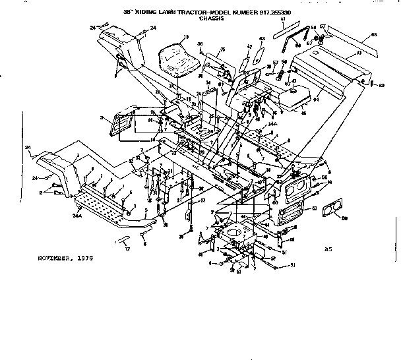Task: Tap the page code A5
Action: [328, 250]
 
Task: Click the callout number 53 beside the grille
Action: [315, 208]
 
